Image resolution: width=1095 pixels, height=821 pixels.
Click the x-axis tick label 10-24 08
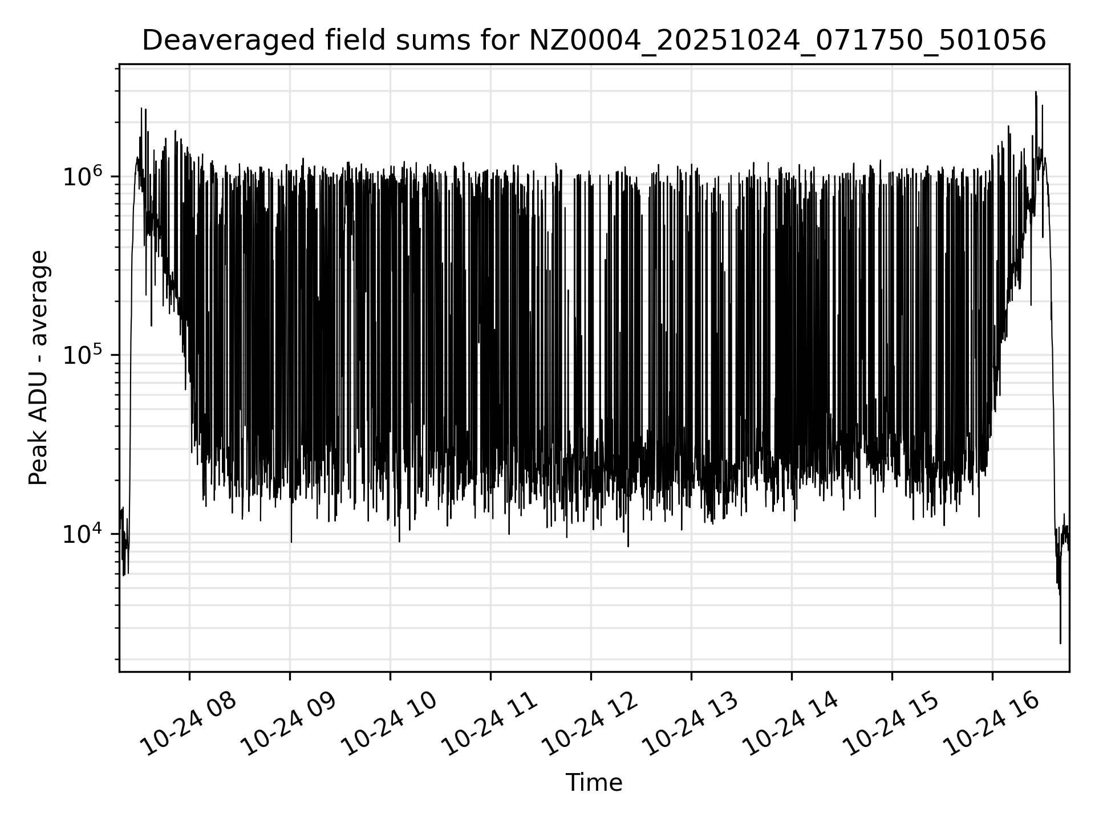189,724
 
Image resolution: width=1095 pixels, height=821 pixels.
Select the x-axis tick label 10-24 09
289,724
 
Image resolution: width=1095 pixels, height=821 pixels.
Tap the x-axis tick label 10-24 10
390,724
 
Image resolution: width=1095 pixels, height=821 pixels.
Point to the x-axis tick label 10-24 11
490,724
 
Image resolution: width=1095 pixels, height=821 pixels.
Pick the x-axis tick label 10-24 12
590,724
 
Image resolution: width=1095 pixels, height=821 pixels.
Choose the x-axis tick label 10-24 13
691,724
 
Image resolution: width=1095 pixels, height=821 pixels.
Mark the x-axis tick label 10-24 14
791,724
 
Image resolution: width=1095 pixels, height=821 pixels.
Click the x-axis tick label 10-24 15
891,724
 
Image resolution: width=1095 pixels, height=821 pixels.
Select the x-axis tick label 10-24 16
992,724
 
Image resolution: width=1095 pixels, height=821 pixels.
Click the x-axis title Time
594,783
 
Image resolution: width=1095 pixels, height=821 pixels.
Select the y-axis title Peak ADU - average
38,368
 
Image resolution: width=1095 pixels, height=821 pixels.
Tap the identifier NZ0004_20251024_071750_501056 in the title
788,41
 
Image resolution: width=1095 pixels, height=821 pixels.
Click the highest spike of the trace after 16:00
1036,92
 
